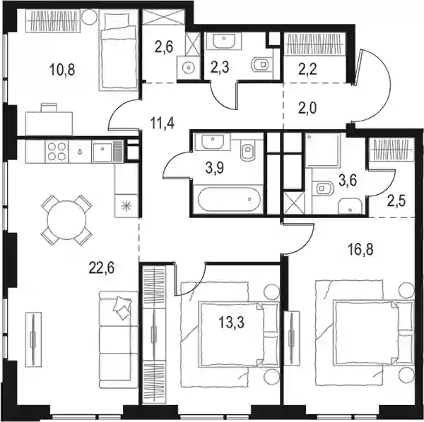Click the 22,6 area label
[x=102, y=268]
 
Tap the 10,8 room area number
[x=62, y=70]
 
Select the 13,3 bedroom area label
[x=232, y=322]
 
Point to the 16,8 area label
[x=360, y=250]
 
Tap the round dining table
[x=67, y=219]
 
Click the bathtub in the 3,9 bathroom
[x=229, y=198]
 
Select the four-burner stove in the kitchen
[x=57, y=152]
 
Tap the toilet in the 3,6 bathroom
[x=322, y=188]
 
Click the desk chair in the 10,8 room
[x=49, y=107]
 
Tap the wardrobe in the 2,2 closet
[x=314, y=44]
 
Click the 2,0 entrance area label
[x=307, y=108]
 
